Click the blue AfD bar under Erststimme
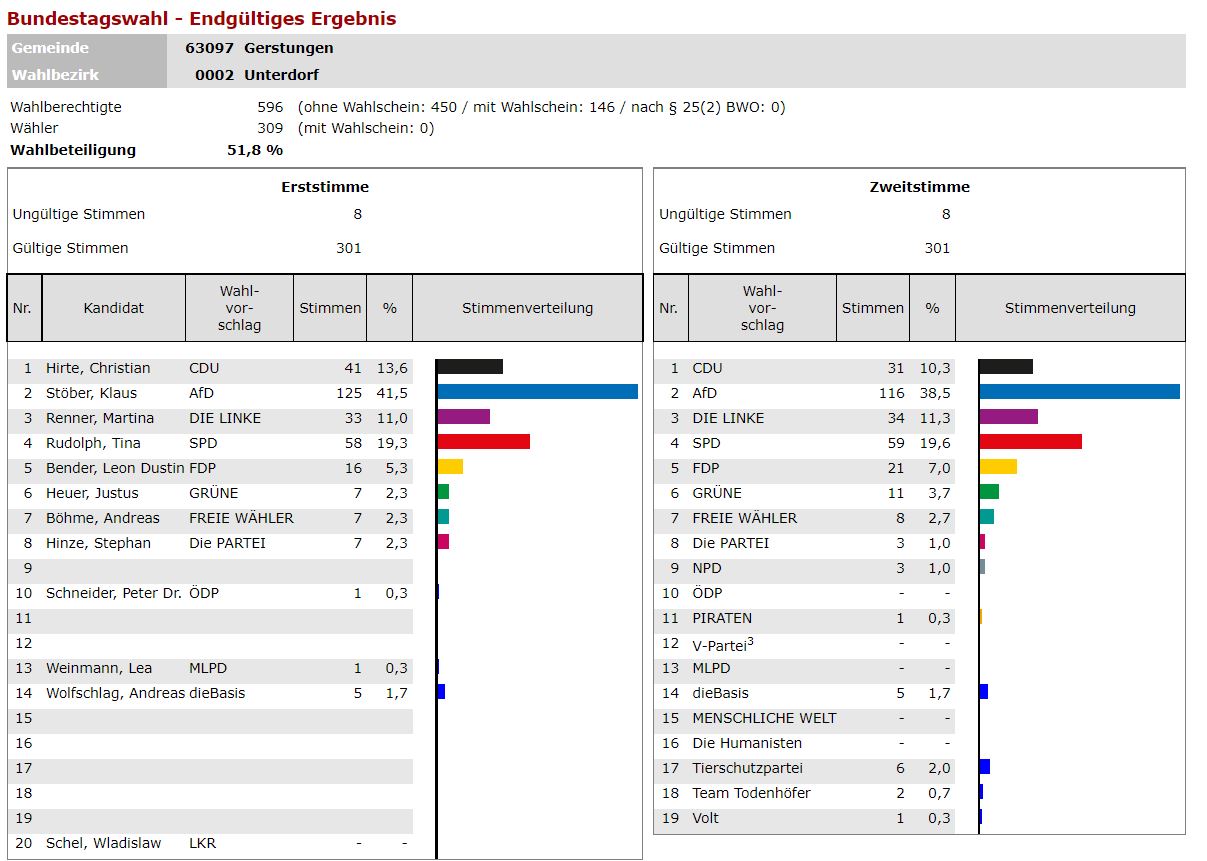(537, 392)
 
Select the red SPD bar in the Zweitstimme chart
(1030, 442)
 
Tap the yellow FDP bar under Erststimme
(450, 467)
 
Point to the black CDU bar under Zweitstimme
(1006, 367)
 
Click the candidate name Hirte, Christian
(98, 368)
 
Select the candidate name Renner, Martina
(100, 418)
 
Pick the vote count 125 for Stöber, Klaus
(348, 393)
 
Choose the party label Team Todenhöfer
(751, 793)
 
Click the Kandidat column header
(114, 308)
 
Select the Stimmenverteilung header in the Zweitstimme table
(1070, 308)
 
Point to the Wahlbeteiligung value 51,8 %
(255, 150)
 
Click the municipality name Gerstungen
(289, 48)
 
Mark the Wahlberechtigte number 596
(270, 107)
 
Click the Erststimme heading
(325, 187)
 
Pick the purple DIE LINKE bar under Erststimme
(463, 417)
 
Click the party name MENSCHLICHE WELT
(764, 718)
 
